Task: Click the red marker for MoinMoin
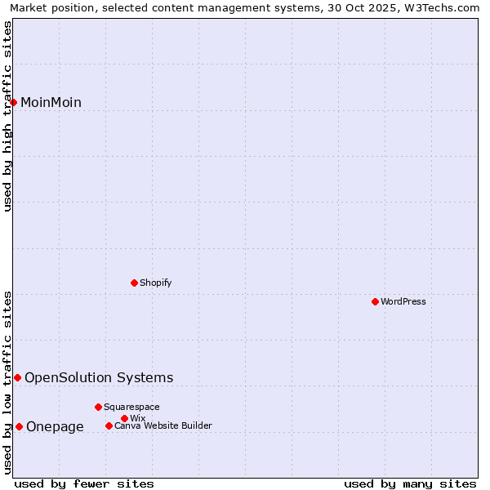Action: click(x=14, y=102)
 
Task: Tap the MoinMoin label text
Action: click(x=51, y=103)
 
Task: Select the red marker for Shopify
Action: click(x=135, y=283)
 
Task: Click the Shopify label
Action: click(x=155, y=283)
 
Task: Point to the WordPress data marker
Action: click(x=375, y=301)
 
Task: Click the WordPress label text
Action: click(x=403, y=302)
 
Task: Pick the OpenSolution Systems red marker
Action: click(x=17, y=377)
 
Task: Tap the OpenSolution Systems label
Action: click(x=99, y=378)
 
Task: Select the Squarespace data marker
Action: click(x=98, y=407)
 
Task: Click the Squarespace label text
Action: click(x=131, y=408)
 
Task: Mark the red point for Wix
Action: click(x=124, y=418)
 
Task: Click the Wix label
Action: click(x=138, y=419)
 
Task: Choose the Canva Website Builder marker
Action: click(x=109, y=425)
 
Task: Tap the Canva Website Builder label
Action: click(x=163, y=426)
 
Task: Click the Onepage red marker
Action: click(x=19, y=426)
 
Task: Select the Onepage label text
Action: click(x=55, y=427)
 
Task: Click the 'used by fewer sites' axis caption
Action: click(x=84, y=484)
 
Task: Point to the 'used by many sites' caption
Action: click(x=410, y=484)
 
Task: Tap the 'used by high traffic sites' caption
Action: click(x=7, y=116)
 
